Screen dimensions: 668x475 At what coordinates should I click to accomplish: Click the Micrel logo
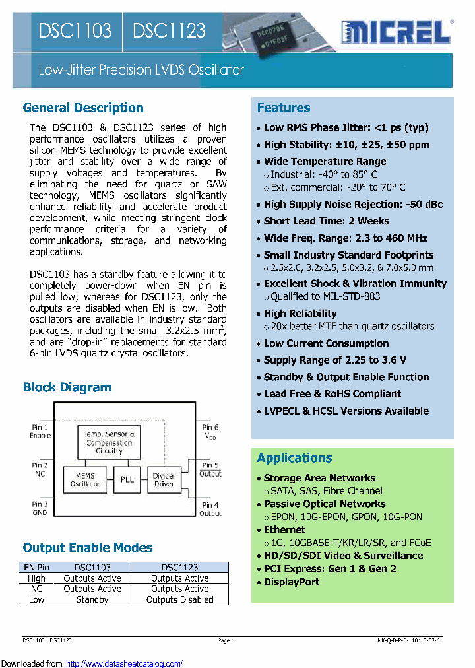[x=396, y=31]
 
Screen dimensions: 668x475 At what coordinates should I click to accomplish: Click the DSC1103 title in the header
[x=75, y=30]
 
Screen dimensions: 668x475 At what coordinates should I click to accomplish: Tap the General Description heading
[x=83, y=108]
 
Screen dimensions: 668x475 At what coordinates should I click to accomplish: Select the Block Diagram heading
[x=67, y=387]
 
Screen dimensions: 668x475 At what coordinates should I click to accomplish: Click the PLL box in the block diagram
[x=127, y=480]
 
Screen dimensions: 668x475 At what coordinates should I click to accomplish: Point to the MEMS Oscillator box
[x=85, y=480]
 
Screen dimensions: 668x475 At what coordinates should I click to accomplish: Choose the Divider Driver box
[x=164, y=480]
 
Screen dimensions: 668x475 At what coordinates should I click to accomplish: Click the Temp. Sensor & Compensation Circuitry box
[x=109, y=442]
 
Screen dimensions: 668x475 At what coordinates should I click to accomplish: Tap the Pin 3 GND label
[x=40, y=508]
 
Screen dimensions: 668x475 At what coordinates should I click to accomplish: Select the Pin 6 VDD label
[x=210, y=432]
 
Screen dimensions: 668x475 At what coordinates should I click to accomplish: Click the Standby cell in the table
[x=92, y=600]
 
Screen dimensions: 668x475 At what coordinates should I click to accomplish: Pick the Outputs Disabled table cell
[x=179, y=600]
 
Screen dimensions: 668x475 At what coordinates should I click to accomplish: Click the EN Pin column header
[x=37, y=568]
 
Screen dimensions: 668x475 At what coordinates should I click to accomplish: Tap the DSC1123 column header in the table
[x=179, y=568]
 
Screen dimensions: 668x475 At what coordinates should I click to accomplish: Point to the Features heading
[x=284, y=108]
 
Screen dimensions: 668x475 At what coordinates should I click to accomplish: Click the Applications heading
[x=295, y=458]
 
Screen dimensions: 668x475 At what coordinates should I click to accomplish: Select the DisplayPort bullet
[x=292, y=582]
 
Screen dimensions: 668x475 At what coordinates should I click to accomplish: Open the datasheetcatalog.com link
[x=125, y=664]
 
